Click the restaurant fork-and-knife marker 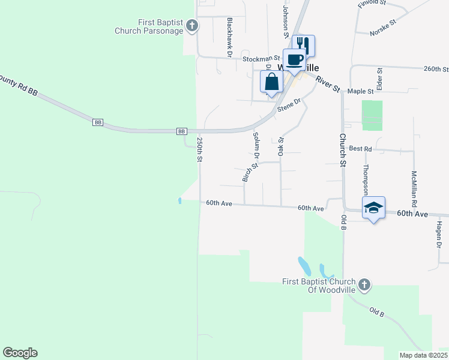tap(303, 45)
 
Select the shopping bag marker tap(271, 82)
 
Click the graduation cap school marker tap(373, 208)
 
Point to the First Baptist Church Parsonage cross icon tap(191, 25)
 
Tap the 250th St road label tap(200, 150)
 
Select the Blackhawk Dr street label tap(230, 37)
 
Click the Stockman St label tap(261, 59)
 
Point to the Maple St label tap(361, 91)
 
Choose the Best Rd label tap(360, 148)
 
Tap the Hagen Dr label tap(439, 235)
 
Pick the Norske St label tap(384, 26)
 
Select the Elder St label tap(379, 76)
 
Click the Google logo tap(20, 353)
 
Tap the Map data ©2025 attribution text tap(423, 355)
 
